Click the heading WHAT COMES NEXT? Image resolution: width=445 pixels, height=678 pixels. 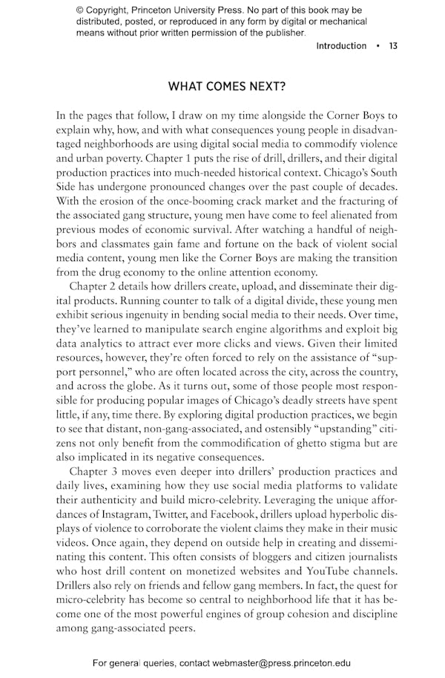(x=227, y=86)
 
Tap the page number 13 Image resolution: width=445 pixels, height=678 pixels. (x=393, y=46)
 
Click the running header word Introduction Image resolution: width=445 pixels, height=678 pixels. (x=341, y=46)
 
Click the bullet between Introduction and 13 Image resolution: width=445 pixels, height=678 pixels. (x=378, y=46)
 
